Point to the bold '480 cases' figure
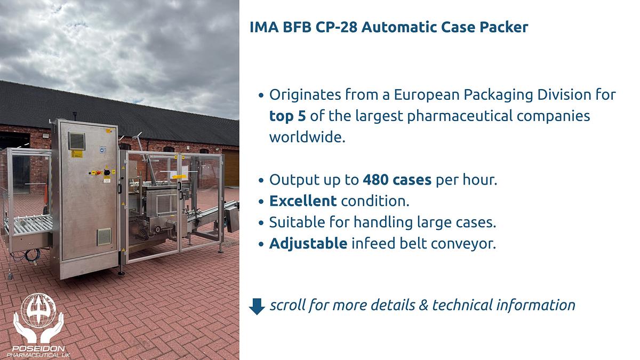click(397, 180)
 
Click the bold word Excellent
click(303, 201)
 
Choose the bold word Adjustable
click(308, 244)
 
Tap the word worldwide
click(307, 137)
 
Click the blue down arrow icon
click(257, 306)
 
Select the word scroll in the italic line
click(287, 305)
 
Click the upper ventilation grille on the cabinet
click(76, 141)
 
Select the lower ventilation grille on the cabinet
click(103, 236)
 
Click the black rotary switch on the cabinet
click(106, 172)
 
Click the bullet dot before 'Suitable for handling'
click(261, 222)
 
